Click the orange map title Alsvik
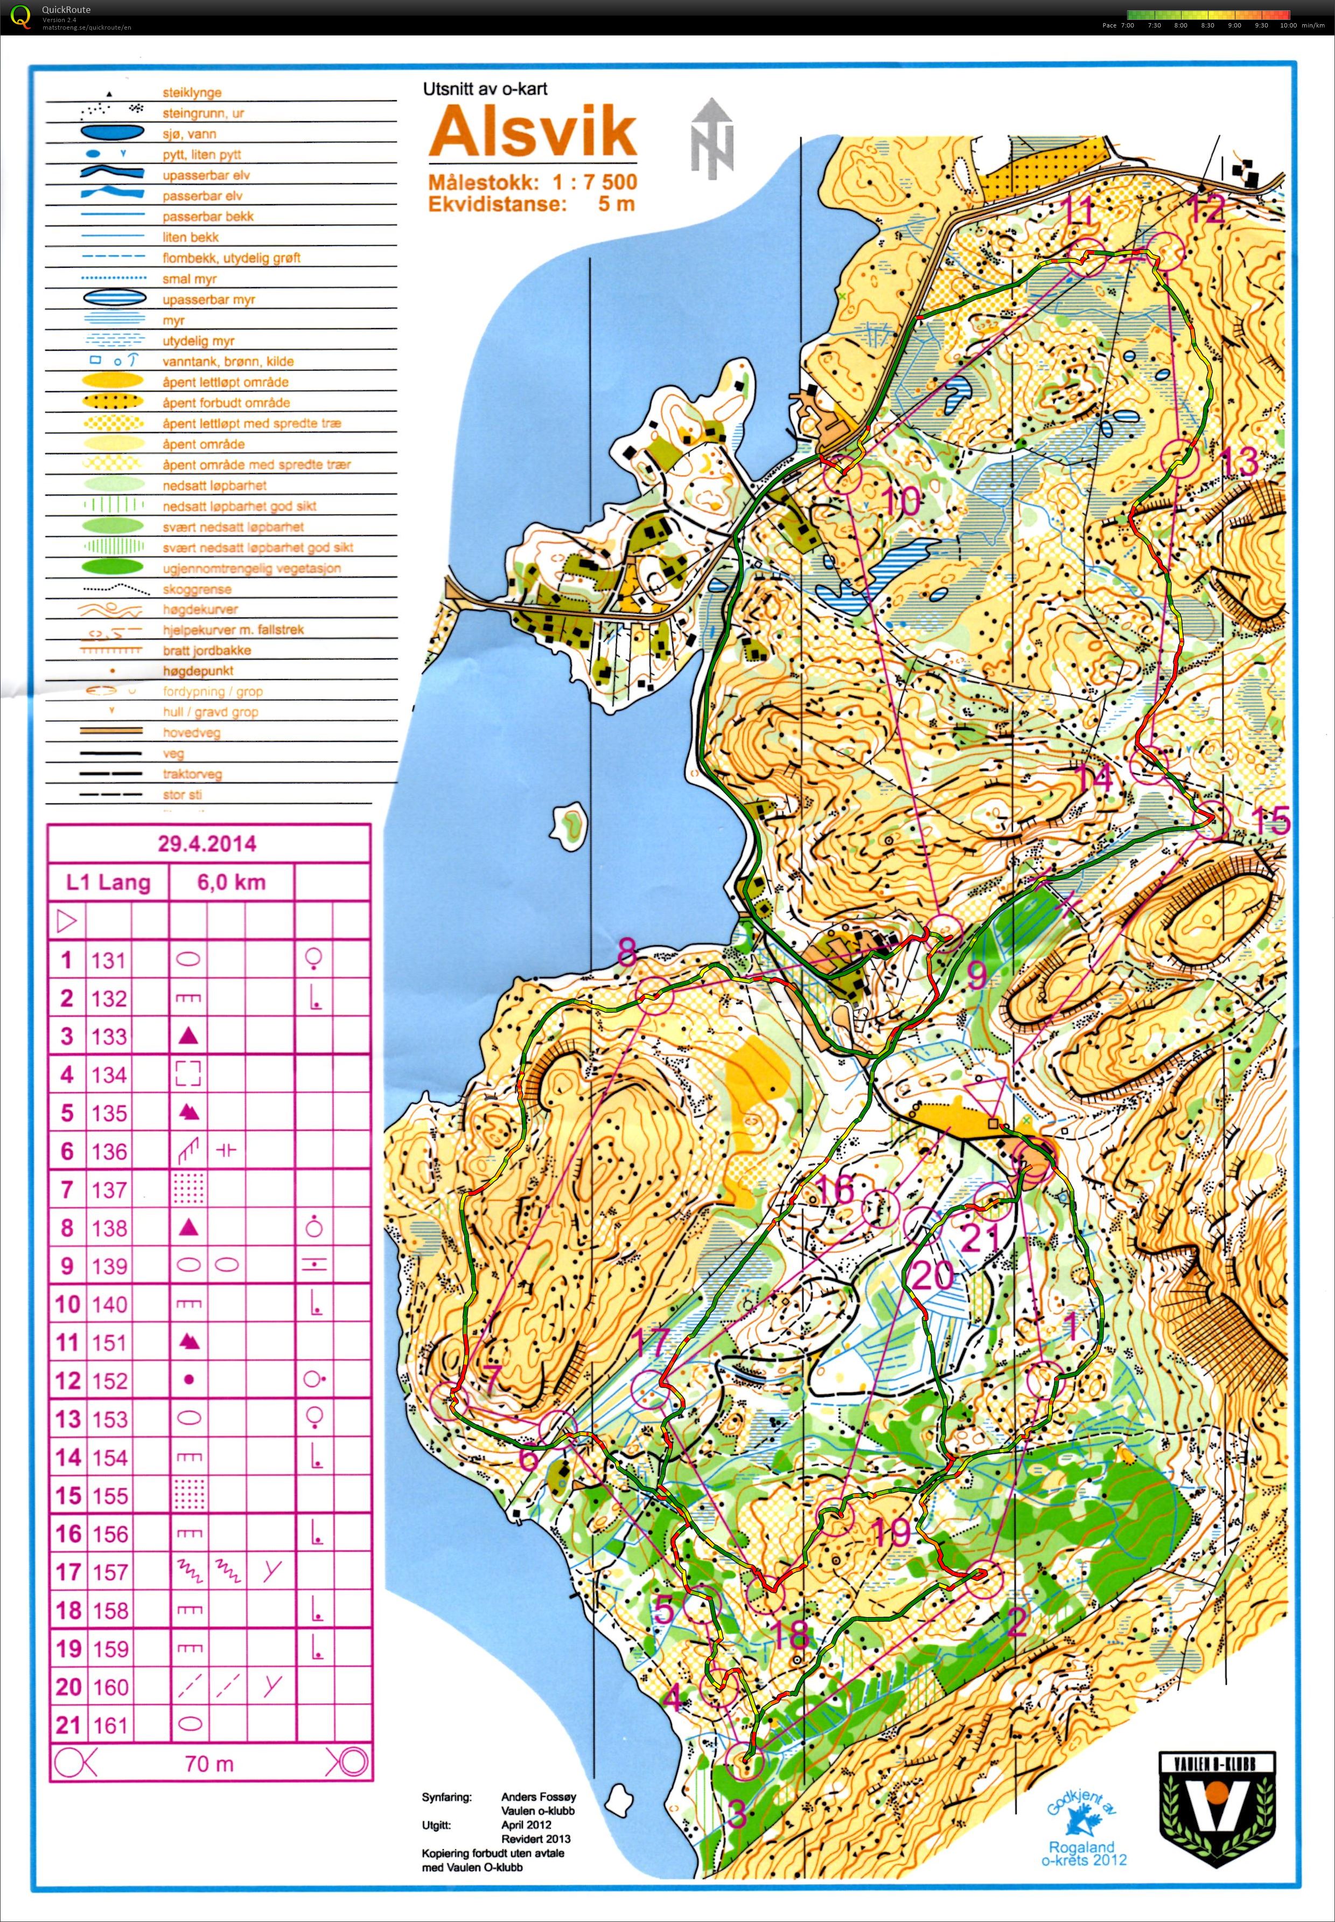(533, 132)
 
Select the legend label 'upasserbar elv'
(206, 175)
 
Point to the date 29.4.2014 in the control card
(207, 843)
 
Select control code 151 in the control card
(109, 1342)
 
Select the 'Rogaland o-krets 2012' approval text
(1084, 1852)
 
